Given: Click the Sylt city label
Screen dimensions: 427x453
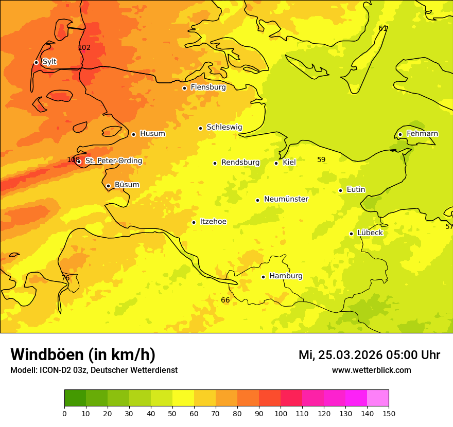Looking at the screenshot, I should tap(49, 62).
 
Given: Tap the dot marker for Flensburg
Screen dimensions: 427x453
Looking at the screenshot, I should tap(184, 88).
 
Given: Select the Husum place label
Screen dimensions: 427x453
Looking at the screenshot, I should tap(152, 134).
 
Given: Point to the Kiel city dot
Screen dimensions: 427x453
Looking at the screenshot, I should tap(276, 163).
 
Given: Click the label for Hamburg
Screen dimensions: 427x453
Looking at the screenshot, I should tap(286, 276).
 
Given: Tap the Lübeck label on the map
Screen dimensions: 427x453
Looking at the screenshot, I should tap(370, 233).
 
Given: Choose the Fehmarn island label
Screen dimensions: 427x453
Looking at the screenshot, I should tap(422, 134).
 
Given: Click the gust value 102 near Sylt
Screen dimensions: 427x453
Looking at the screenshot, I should tap(84, 48).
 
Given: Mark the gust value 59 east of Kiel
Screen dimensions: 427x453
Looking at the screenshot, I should tap(321, 160).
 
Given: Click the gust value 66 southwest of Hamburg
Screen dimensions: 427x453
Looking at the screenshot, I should tap(225, 300).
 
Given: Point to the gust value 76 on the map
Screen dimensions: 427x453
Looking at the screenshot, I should tap(65, 278).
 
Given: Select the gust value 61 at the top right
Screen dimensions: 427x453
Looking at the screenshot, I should tap(382, 29).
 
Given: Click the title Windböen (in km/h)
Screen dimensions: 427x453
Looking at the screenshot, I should tap(83, 355).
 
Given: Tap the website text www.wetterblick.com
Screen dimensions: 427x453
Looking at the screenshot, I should tap(371, 370).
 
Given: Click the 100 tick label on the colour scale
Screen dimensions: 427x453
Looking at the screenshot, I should tap(281, 413).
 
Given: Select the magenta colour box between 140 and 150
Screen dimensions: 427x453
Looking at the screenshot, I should tap(378, 398).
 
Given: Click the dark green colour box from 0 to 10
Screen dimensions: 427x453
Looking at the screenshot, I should tap(75, 398).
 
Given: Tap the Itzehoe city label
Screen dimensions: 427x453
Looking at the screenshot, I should tap(213, 222).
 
